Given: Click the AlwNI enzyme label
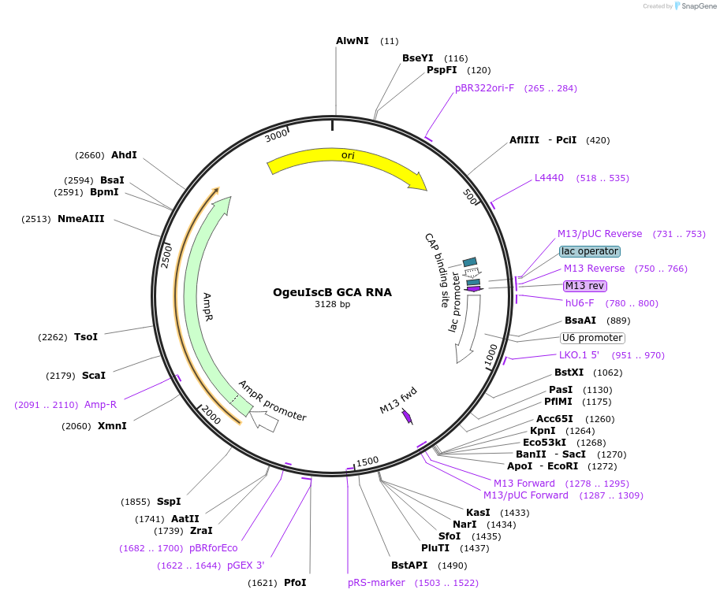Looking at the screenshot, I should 352,40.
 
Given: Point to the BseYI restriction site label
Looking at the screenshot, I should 418,57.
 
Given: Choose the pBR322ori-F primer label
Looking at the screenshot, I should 484,87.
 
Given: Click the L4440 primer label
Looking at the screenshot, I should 549,177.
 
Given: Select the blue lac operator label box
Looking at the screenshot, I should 590,251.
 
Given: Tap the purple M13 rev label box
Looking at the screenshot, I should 584,285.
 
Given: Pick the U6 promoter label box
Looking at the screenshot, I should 591,338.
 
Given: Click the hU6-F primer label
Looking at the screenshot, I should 580,303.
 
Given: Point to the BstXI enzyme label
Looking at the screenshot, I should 569,373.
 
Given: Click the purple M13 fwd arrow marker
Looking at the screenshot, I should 407,417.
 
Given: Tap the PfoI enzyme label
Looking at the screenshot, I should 295,583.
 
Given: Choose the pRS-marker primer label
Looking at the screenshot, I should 376,583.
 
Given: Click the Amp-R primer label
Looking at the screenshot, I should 100,405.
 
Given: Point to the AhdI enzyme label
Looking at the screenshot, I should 124,154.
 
